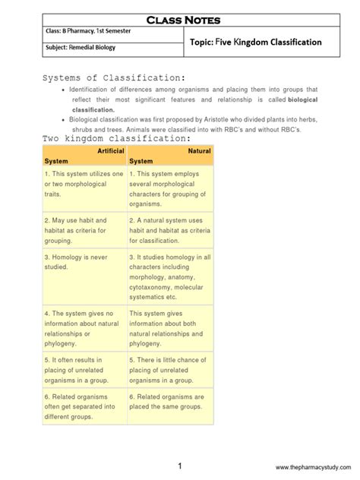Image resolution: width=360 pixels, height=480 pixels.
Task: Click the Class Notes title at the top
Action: coord(180,15)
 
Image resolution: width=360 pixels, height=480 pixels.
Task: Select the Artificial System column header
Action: coord(84,156)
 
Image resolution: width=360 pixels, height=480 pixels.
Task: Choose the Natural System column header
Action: coord(169,156)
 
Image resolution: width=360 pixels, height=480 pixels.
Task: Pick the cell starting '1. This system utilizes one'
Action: coord(84,185)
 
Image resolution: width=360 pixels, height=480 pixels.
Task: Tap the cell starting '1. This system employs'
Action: coord(169,190)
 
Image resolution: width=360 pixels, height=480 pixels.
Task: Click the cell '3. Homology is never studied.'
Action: coord(84,262)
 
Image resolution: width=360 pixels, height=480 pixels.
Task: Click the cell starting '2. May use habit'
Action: coord(84,229)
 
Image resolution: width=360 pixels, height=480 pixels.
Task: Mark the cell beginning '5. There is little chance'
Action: coord(169,368)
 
